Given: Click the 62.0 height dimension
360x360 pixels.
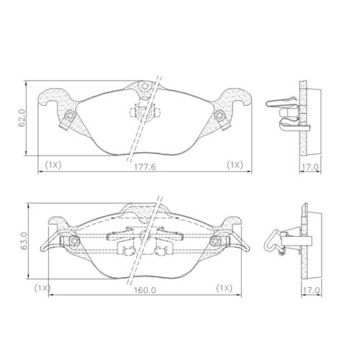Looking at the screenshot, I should pyautogui.click(x=22, y=118).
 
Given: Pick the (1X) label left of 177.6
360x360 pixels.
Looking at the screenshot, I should pyautogui.click(x=53, y=165).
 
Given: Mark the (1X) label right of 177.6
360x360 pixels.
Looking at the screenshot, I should pyautogui.click(x=235, y=165).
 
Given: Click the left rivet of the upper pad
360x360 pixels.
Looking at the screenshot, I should pyautogui.click(x=69, y=117).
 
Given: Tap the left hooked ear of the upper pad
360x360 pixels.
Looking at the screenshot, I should pyautogui.click(x=54, y=100).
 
